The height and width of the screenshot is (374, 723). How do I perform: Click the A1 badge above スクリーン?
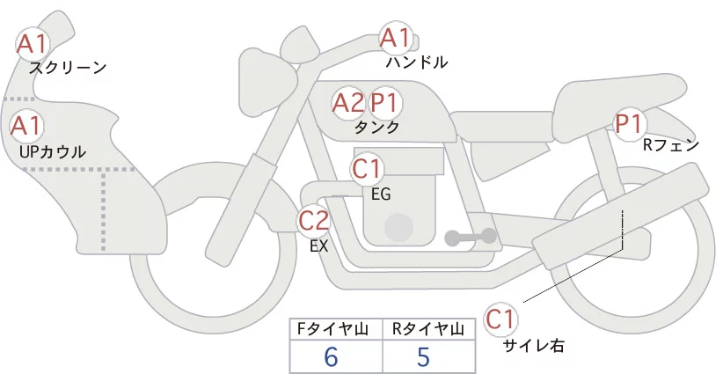32,44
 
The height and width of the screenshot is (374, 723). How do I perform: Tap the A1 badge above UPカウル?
26,126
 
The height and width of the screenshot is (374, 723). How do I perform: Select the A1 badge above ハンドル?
396,37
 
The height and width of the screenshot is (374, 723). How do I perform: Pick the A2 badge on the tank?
348,102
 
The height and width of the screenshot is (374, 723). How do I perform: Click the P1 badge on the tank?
384,102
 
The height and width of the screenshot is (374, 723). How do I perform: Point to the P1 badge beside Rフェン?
629,123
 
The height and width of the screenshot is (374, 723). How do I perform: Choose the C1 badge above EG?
367,169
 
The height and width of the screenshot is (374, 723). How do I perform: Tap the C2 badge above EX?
314,220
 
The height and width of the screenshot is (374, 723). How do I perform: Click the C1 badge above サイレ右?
500,319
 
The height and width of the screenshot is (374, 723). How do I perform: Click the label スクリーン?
69,69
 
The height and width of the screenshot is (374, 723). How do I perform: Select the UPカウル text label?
53,151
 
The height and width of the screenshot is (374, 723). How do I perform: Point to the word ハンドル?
417,62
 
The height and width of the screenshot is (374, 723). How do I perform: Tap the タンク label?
376,128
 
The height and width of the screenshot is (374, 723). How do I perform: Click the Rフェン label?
671,145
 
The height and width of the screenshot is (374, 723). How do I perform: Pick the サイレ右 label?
534,346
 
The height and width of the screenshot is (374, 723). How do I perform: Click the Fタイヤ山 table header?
332,329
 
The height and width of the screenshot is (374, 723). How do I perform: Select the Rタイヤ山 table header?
428,329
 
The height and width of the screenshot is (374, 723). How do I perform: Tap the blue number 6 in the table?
331,357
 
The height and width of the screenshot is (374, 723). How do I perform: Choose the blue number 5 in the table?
423,357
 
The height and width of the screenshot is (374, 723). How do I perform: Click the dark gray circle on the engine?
398,228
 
